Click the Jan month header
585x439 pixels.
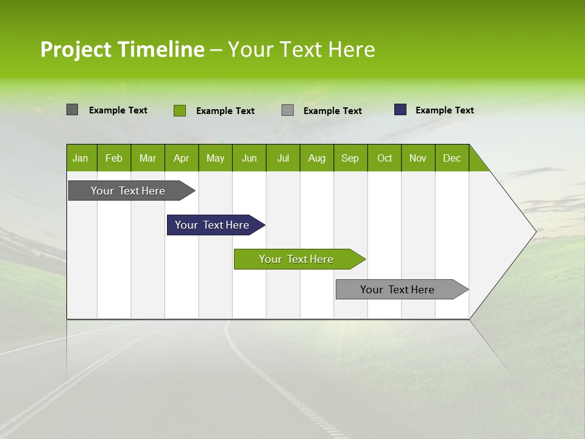[x=81, y=158]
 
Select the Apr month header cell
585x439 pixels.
[x=182, y=158]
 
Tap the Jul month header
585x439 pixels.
[x=283, y=158]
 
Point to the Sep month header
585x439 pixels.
[x=350, y=158]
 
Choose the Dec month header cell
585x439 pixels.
[x=452, y=158]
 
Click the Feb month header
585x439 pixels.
[x=114, y=158]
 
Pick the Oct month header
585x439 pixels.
[x=385, y=158]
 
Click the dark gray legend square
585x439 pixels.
[x=72, y=110]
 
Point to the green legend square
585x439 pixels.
[x=179, y=110]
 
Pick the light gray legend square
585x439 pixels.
[x=288, y=110]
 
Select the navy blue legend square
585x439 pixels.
[x=400, y=110]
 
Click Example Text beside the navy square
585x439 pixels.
[x=444, y=110]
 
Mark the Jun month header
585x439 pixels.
[x=249, y=158]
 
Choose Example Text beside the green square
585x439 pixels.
[x=225, y=111]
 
